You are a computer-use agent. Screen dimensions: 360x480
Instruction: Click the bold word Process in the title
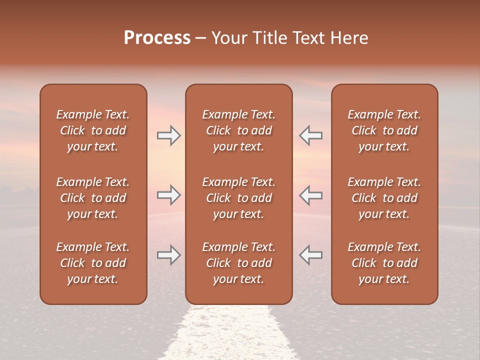coord(157,38)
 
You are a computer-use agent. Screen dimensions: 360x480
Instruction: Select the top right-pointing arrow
coord(168,135)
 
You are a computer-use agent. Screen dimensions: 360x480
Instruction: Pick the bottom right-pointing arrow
coord(168,255)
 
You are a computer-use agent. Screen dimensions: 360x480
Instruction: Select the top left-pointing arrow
coord(311,135)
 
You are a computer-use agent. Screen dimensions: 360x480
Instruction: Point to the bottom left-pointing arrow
coord(311,255)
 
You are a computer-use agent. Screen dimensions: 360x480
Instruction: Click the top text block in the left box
coord(93,130)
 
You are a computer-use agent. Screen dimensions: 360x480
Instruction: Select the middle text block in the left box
coord(93,198)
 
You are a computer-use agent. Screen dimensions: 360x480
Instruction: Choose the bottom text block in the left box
coord(93,263)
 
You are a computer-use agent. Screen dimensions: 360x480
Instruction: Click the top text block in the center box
coord(238,130)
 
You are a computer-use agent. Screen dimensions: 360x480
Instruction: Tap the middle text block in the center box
coord(238,198)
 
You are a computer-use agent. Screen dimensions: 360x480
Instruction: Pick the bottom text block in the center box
coord(238,263)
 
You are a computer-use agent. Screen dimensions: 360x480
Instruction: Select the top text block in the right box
coord(384,130)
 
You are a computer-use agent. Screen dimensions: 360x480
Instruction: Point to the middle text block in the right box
coord(384,198)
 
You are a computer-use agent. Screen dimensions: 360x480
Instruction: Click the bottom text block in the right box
coord(384,263)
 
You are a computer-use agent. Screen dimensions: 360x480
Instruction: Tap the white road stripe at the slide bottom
coord(230,335)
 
